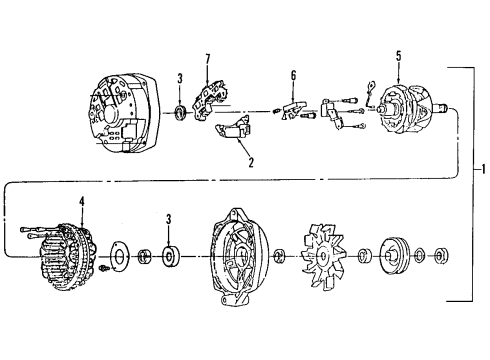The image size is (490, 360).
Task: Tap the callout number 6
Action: [292, 76]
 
